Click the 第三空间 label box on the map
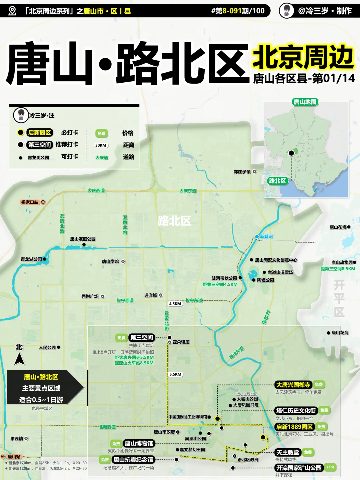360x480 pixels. pyautogui.click(x=142, y=338)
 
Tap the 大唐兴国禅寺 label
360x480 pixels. pyautogui.click(x=293, y=385)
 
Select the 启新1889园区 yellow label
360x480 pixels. pyautogui.click(x=294, y=427)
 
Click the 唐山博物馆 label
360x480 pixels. pyautogui.click(x=139, y=443)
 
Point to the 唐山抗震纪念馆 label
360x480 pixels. pyautogui.click(x=133, y=460)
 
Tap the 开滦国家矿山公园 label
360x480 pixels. pyautogui.click(x=299, y=468)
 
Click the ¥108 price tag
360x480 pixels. pyautogui.click(x=330, y=467)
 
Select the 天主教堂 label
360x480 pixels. pyautogui.click(x=288, y=452)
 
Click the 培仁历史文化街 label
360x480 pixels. pyautogui.click(x=296, y=410)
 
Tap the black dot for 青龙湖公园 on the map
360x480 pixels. pyautogui.click(x=45, y=259)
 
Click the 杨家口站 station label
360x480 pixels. pyautogui.click(x=30, y=202)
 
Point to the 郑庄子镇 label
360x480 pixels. pyautogui.click(x=242, y=172)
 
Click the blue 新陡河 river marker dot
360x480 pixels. pyautogui.click(x=257, y=236)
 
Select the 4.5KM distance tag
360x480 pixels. pyautogui.click(x=175, y=304)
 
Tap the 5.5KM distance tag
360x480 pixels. pyautogui.click(x=175, y=374)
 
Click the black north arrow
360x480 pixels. pyautogui.click(x=19, y=359)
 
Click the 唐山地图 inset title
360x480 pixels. pyautogui.click(x=305, y=102)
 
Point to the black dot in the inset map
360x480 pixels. pyautogui.click(x=291, y=153)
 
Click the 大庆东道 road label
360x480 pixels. pyautogui.click(x=188, y=191)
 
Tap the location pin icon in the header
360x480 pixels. pyautogui.click(x=12, y=11)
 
